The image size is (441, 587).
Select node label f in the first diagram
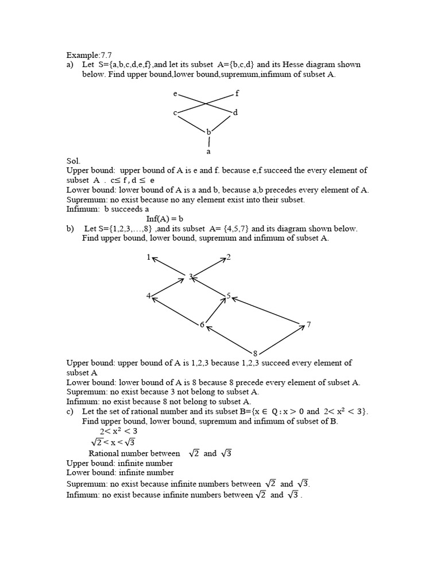237,93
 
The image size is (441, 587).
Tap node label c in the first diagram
175,113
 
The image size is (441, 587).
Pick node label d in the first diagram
235,112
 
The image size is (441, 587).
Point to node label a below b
208,152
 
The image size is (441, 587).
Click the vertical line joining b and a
209,141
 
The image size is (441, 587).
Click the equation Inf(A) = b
164,218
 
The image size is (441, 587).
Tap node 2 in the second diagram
229,257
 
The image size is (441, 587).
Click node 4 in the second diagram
149,296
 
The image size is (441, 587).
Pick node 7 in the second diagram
308,325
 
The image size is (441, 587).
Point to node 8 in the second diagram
255,352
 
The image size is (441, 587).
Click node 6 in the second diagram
202,325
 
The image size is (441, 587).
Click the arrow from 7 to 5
267,311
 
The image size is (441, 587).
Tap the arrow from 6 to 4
175,310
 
